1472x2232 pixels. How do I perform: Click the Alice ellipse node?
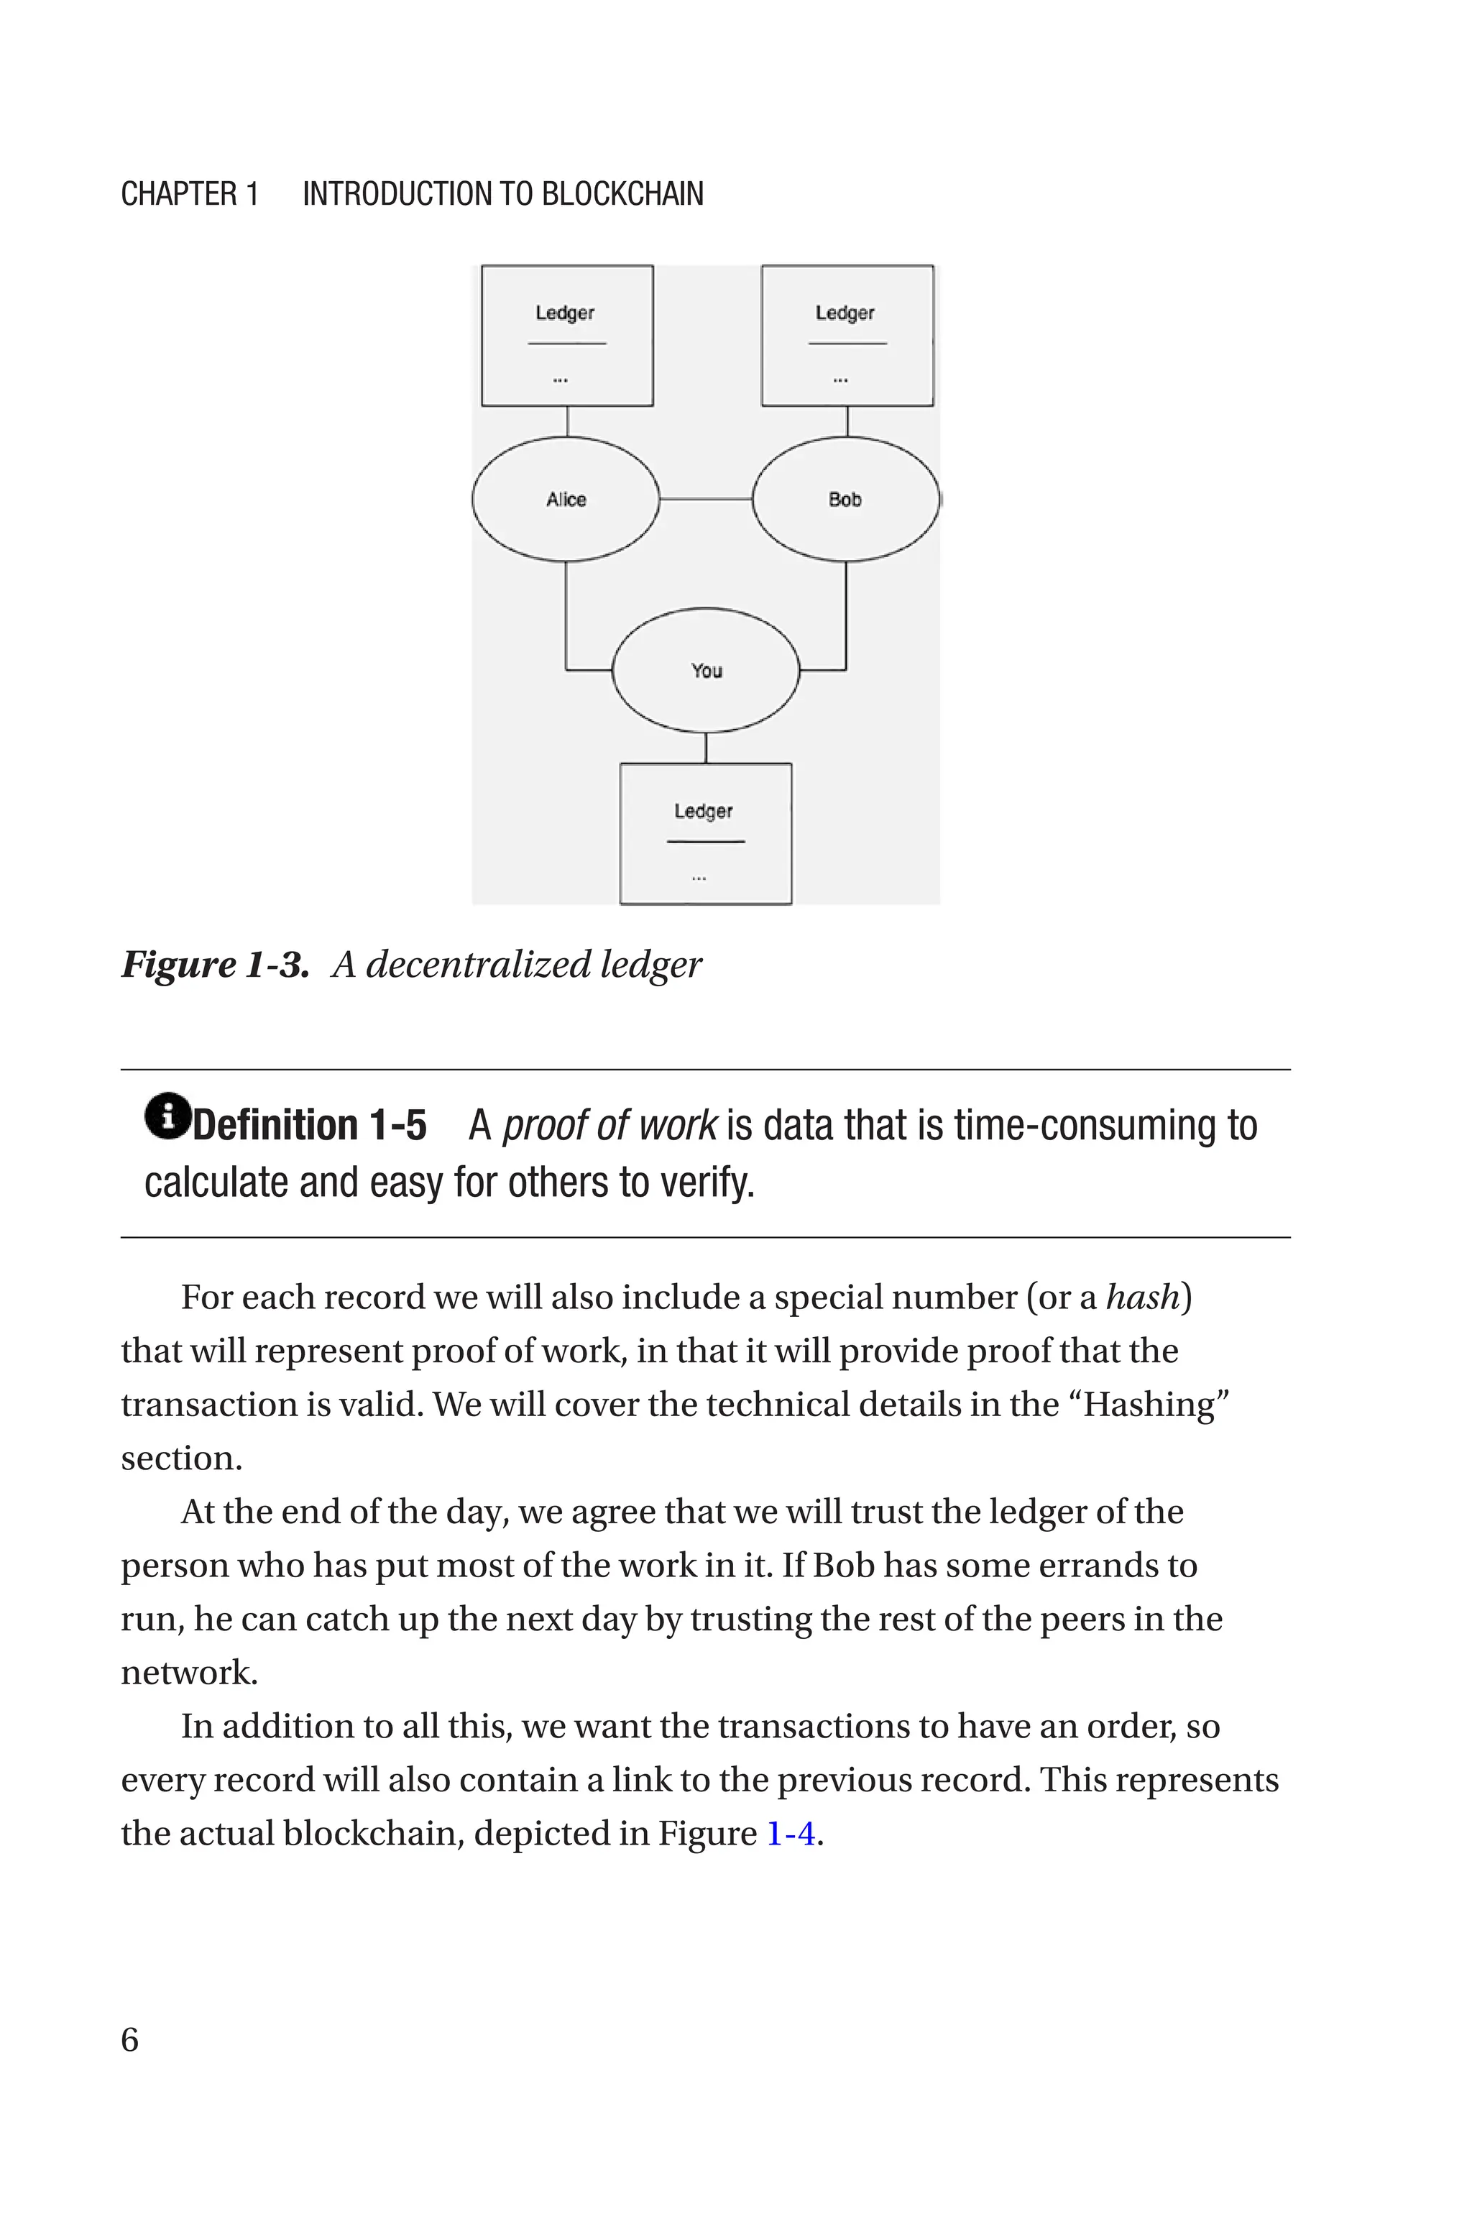[565, 500]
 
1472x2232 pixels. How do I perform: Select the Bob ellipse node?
[845, 500]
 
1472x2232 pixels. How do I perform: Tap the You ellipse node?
[706, 670]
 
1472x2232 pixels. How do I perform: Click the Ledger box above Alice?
[567, 335]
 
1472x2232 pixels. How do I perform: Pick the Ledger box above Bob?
[847, 335]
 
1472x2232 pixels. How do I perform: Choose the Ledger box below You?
[705, 833]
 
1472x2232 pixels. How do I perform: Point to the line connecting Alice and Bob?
[706, 500]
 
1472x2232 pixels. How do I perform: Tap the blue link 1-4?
[791, 1833]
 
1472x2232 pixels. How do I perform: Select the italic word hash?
[1141, 1298]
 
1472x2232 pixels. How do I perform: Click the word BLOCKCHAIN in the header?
[622, 194]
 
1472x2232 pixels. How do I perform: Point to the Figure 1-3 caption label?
[215, 965]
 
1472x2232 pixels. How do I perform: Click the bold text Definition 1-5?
[310, 1126]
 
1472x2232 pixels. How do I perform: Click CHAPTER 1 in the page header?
[190, 194]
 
